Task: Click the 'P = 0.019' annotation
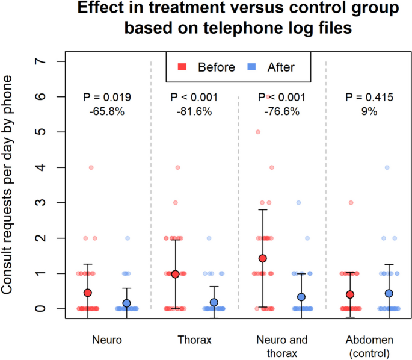(107, 97)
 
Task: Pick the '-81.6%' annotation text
(195, 111)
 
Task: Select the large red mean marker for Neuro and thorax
(262, 258)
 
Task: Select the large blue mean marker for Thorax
(214, 302)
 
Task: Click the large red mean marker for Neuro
(88, 293)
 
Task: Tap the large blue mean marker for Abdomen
(389, 293)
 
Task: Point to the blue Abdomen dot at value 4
(388, 167)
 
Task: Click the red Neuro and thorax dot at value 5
(259, 132)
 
